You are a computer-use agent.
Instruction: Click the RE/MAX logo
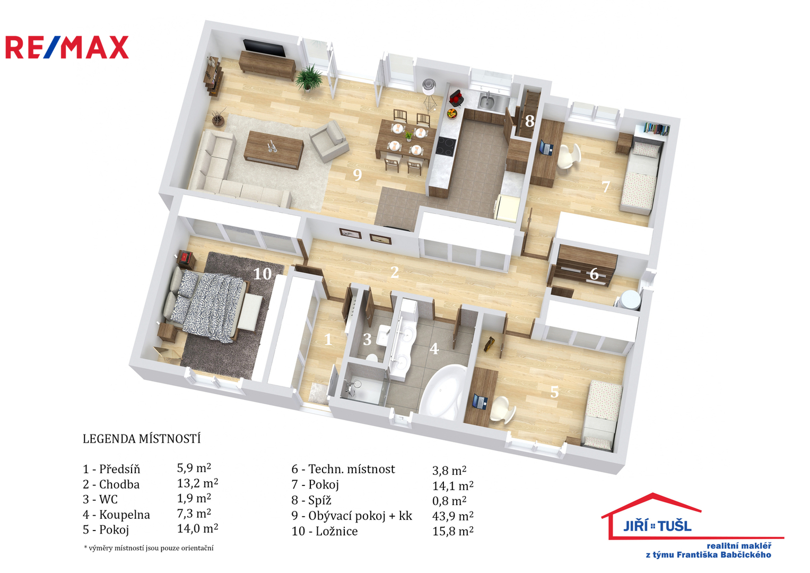coord(67,47)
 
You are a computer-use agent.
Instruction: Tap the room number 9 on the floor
coord(358,175)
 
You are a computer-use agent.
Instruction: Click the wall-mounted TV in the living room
coord(265,48)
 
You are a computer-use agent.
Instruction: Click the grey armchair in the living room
coord(329,142)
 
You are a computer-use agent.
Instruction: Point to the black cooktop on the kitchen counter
coord(445,146)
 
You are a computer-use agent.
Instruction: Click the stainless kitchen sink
coord(490,101)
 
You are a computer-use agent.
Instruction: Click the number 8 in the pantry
coord(529,121)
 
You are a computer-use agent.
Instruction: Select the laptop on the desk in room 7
coord(546,147)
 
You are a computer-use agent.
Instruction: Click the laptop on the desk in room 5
coord(480,402)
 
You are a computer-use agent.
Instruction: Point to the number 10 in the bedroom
coord(263,274)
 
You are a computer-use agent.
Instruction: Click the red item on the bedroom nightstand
coord(186,257)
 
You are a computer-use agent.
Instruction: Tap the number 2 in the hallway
coord(395,272)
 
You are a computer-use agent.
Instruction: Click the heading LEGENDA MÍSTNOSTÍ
coord(142,439)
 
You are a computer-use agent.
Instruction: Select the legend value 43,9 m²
coord(452,516)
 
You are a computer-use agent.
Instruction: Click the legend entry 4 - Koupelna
coord(116,515)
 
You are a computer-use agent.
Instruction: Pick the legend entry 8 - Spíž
coord(311,500)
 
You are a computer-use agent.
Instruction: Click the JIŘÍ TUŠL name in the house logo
coord(657,526)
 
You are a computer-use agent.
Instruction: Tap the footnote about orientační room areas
coord(149,548)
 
